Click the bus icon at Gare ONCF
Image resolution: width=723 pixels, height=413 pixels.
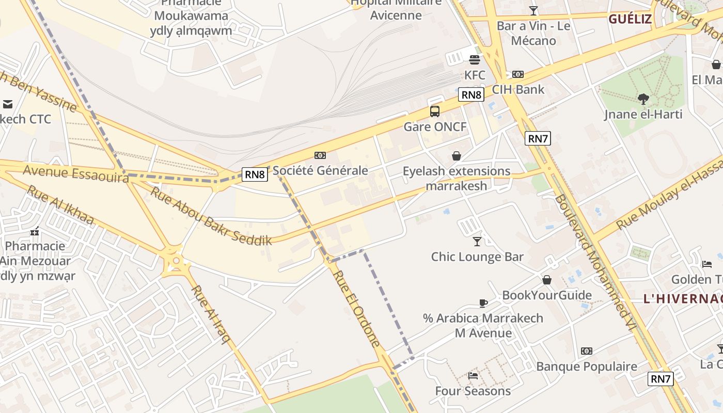pyautogui.click(x=435, y=111)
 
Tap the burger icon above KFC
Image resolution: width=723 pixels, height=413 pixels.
pyautogui.click(x=475, y=59)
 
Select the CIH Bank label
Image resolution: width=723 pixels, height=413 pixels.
pyautogui.click(x=518, y=89)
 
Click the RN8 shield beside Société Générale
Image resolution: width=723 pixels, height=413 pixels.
pyautogui.click(x=255, y=174)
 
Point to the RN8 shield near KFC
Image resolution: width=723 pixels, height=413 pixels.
pyautogui.click(x=471, y=94)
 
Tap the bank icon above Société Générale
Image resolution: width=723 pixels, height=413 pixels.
pyautogui.click(x=320, y=155)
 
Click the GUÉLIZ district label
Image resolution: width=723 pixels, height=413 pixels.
pyautogui.click(x=630, y=19)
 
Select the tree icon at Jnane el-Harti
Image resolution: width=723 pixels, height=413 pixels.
pyautogui.click(x=643, y=99)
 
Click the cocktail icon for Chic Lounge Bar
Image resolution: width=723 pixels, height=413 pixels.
pyautogui.click(x=477, y=241)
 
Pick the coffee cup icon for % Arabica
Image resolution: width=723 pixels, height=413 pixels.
pyautogui.click(x=483, y=303)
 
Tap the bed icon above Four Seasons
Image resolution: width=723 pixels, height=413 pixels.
pyautogui.click(x=473, y=376)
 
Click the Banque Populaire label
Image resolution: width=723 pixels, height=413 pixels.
pyautogui.click(x=587, y=367)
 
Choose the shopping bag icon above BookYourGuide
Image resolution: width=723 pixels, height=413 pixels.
pyautogui.click(x=547, y=280)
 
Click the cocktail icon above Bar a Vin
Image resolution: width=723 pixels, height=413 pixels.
pyautogui.click(x=533, y=11)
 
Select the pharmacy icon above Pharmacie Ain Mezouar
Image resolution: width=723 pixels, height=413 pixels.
pyautogui.click(x=35, y=232)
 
